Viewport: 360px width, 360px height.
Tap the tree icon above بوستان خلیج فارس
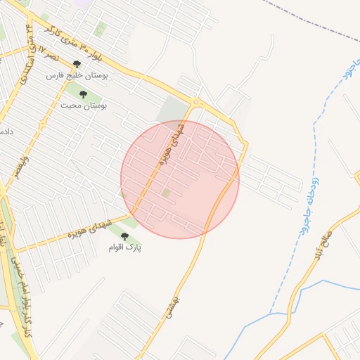click(77, 64)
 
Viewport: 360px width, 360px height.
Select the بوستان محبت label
click(83, 105)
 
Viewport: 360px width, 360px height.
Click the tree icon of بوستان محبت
click(84, 94)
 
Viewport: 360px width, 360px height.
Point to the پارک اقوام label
click(125, 247)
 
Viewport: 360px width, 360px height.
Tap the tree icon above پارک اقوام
click(125, 237)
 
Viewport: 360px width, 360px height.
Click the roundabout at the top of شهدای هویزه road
click(195, 103)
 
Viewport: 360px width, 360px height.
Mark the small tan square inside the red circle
click(166, 192)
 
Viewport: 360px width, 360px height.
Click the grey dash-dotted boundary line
click(316, 21)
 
